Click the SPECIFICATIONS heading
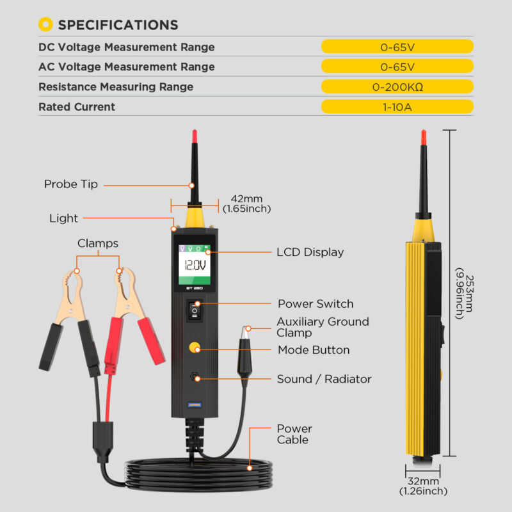118,25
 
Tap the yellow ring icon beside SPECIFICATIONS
45,24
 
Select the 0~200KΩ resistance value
397,87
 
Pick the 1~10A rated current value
397,107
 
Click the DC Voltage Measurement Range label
126,47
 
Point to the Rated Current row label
77,107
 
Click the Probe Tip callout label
71,184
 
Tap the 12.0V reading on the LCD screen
195,265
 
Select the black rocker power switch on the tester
195,310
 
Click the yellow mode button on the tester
195,348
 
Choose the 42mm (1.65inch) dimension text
247,204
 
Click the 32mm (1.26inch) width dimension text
423,486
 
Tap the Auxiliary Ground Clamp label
323,327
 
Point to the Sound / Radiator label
324,379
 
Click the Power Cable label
294,434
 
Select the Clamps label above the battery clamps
98,243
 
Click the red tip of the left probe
195,136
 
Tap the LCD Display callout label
310,252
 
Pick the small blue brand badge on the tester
195,405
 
